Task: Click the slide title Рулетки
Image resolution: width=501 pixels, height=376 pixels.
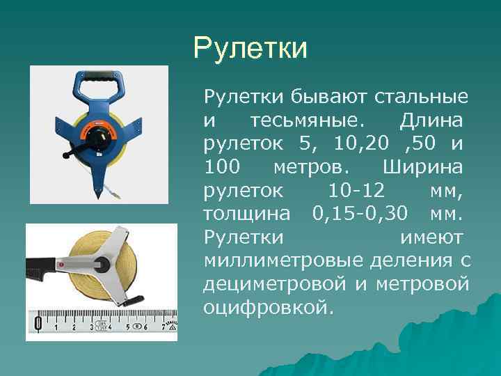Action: (250, 49)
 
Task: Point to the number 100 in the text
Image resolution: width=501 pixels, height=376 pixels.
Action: (222, 167)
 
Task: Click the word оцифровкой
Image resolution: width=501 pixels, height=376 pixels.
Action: (265, 308)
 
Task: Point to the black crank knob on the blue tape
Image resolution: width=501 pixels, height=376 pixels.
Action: (67, 155)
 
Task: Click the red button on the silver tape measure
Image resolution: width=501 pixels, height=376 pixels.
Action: (61, 265)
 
